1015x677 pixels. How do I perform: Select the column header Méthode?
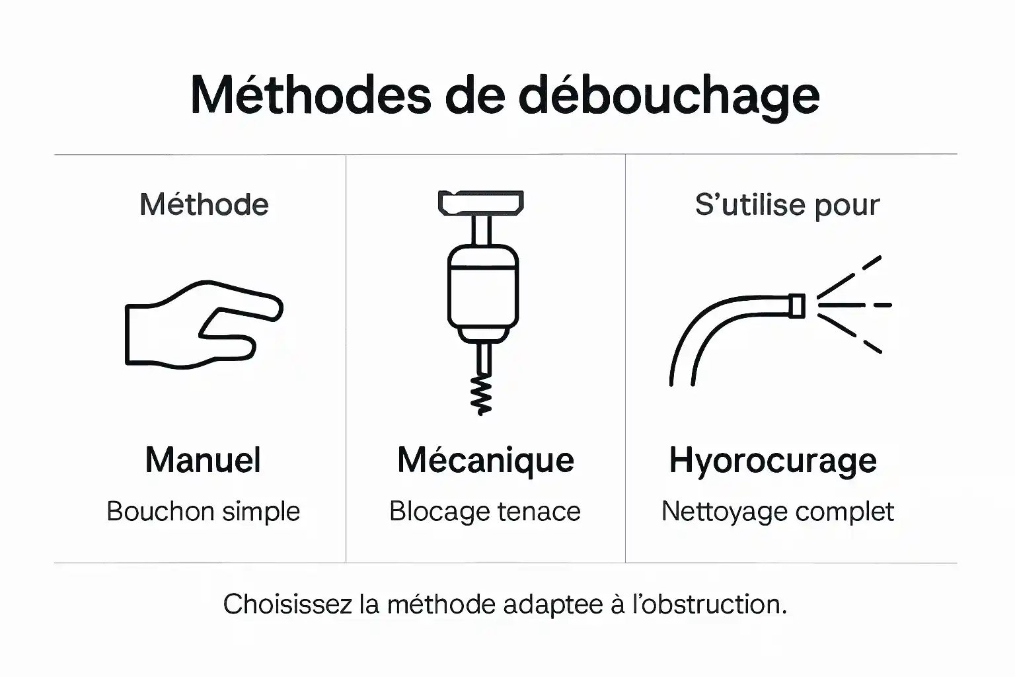coord(204,205)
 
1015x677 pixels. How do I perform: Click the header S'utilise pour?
coord(787,205)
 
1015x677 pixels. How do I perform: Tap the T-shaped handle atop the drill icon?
coord(481,202)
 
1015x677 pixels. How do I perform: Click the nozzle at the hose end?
coord(797,305)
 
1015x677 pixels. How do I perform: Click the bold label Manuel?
coord(203,460)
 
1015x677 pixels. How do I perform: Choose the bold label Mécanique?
coord(485,460)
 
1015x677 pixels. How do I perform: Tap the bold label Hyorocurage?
coord(772,461)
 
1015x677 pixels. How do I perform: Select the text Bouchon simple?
coord(203,512)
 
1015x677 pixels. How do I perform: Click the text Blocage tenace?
coord(484,512)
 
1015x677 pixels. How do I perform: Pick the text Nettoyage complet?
coord(777,512)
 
